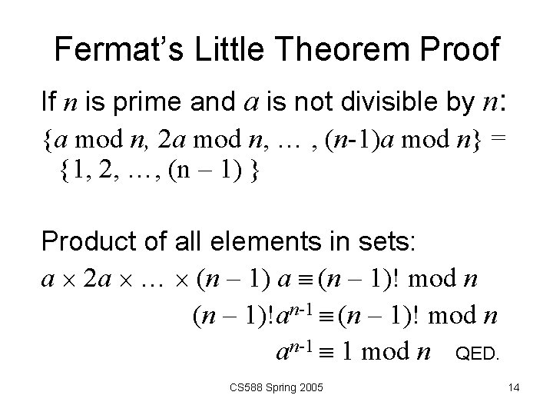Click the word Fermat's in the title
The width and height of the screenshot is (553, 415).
pos(111,50)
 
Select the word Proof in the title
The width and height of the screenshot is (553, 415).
pos(459,50)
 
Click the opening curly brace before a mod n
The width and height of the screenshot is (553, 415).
pos(48,140)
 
